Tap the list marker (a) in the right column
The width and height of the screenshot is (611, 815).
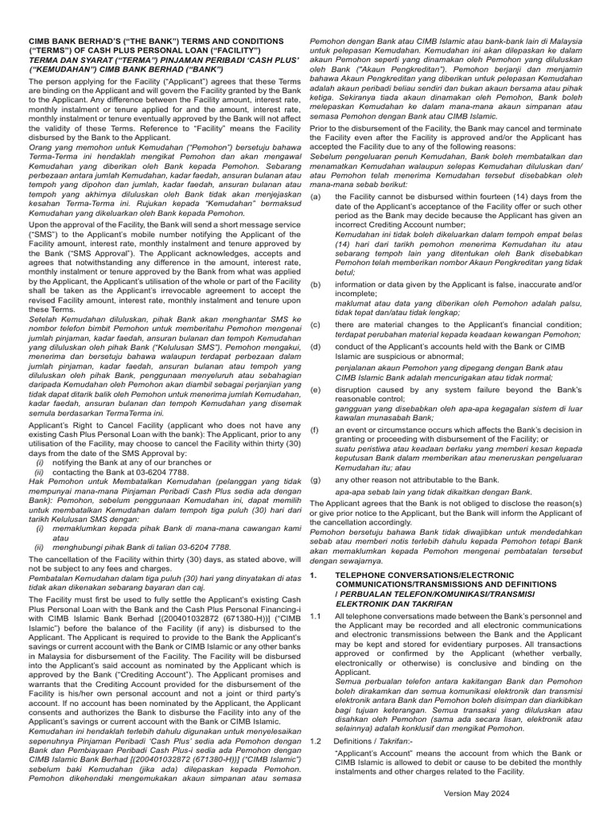click(x=316, y=196)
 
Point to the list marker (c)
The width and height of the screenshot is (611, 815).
click(x=316, y=325)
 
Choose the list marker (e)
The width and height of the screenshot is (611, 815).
click(x=316, y=389)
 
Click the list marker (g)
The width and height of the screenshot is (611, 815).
click(x=316, y=479)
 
